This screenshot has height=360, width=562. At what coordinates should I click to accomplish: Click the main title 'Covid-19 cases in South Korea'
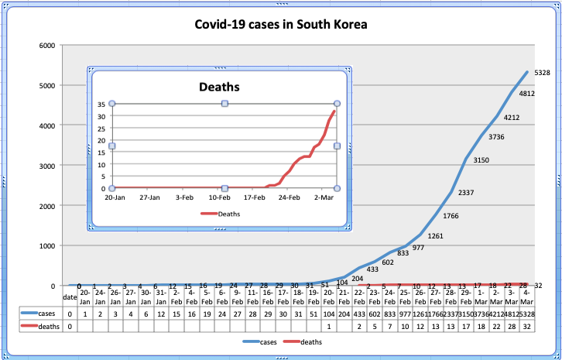[281, 25]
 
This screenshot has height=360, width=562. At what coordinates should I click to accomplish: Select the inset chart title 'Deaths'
[221, 87]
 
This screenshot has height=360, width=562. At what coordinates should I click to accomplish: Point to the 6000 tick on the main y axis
[46, 45]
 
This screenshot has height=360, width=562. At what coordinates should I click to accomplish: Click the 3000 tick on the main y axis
[46, 166]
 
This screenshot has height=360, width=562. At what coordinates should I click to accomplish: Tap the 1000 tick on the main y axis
[46, 246]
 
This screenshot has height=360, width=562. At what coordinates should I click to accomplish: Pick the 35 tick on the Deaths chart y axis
[101, 104]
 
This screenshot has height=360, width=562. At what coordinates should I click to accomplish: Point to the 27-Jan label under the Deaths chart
[150, 197]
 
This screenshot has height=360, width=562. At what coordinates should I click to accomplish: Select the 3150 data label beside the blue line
[481, 160]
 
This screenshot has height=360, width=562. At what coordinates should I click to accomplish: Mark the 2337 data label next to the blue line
[467, 192]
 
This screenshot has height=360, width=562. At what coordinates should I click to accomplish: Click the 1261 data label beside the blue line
[436, 235]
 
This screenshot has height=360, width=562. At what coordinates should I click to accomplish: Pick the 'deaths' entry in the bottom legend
[308, 341]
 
